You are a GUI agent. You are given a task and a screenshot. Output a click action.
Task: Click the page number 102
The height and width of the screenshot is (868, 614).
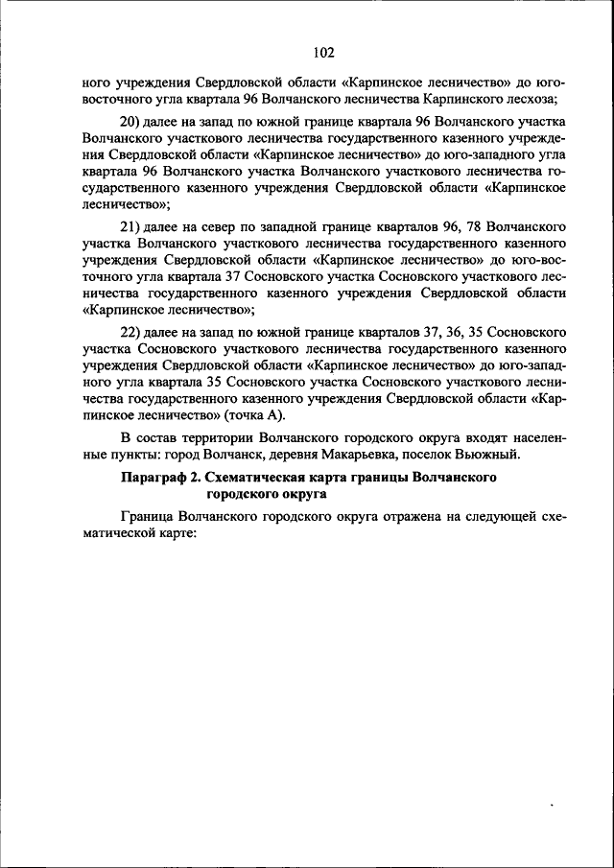[x=322, y=52]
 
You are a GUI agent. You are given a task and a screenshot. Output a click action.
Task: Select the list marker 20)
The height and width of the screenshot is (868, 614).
[x=131, y=124]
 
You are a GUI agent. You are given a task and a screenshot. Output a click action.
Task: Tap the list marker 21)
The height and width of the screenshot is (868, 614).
[x=130, y=228]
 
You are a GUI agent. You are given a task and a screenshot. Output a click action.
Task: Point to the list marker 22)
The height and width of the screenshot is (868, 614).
[x=131, y=332]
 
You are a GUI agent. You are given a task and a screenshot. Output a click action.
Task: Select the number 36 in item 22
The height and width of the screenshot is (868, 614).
[x=445, y=332]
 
